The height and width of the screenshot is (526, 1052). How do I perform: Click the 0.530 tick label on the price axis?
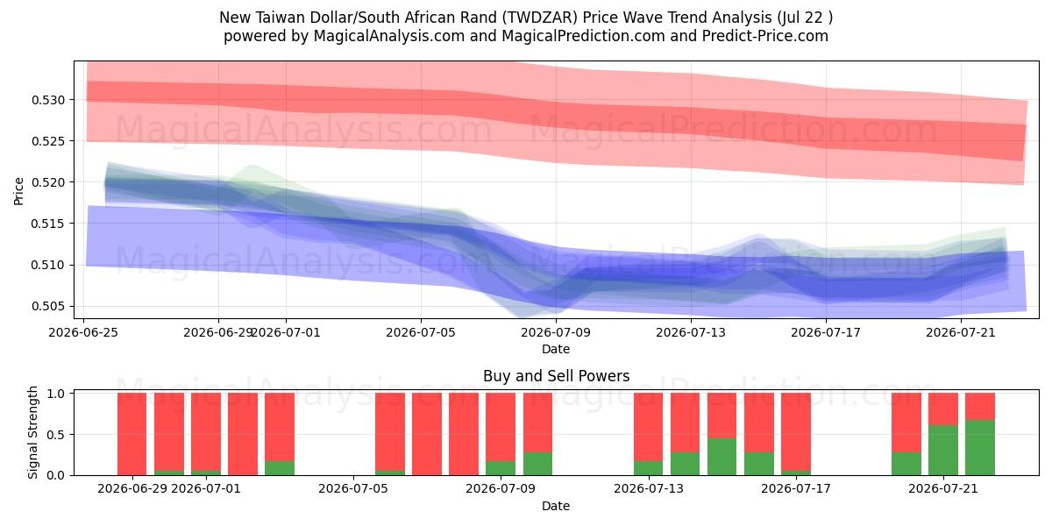48,100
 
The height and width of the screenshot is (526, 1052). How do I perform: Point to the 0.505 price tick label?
48,307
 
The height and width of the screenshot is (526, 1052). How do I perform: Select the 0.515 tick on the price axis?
48,224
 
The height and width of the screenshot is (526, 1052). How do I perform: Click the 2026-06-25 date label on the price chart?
83,332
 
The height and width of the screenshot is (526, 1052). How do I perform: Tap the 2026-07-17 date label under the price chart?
826,332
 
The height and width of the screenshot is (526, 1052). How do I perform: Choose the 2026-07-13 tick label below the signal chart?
649,488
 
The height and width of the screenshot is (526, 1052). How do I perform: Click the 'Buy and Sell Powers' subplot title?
556,376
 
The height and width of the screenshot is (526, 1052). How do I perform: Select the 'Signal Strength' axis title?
32,432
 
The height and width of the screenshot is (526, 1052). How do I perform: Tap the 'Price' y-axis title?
18,191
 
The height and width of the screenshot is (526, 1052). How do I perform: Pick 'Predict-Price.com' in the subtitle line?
765,36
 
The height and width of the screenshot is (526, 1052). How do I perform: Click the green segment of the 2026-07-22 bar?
980,448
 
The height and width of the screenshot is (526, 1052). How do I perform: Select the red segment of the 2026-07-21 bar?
943,409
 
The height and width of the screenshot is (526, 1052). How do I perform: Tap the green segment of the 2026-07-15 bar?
721,457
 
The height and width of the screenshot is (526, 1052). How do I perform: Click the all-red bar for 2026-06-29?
132,434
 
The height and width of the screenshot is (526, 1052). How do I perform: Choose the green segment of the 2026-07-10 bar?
537,464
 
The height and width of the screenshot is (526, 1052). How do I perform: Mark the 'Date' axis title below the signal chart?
556,506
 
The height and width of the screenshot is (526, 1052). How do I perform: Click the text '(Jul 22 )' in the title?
805,18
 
